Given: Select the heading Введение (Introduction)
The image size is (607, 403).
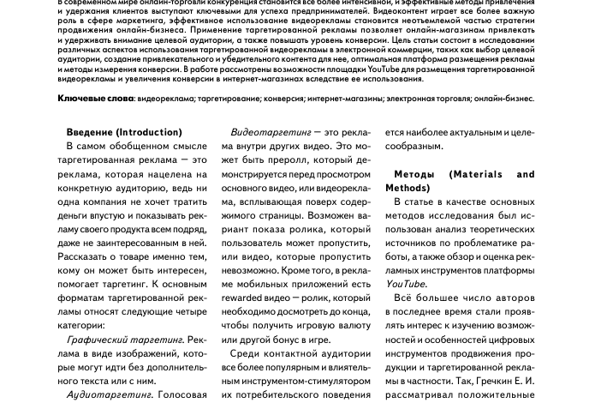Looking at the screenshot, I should click(123, 132).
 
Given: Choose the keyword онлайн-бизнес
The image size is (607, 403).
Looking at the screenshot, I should click(506, 99).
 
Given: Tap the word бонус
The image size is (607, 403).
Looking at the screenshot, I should click(272, 339).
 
